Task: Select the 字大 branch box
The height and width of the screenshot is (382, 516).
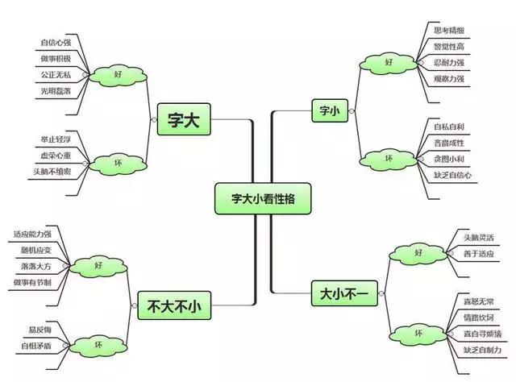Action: coord(183,119)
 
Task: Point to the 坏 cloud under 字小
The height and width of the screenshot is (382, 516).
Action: coord(389,157)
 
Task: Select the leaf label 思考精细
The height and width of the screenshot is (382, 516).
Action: coord(449,31)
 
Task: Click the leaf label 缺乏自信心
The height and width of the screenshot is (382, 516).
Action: coord(451,175)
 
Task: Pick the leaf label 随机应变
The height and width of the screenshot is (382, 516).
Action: coord(33,250)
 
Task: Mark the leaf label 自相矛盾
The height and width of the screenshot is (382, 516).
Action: coord(36,347)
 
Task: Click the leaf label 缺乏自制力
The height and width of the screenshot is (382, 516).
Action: coord(481,350)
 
